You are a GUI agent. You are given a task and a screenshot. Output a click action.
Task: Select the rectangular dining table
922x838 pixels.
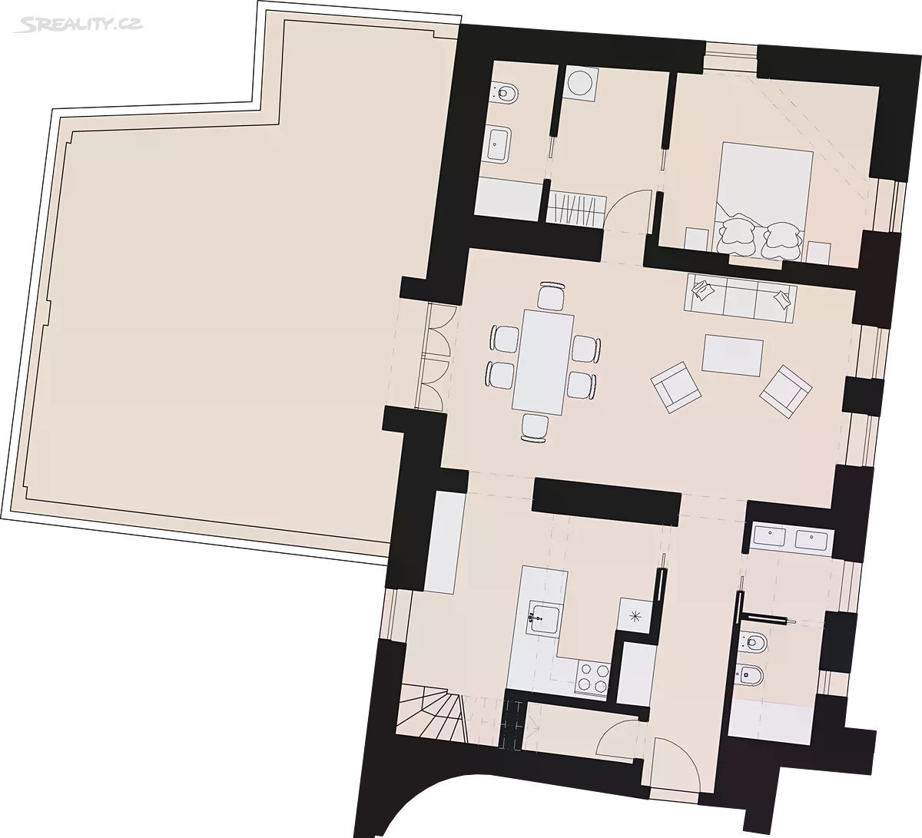(542, 363)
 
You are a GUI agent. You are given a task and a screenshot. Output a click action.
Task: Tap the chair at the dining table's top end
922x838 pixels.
(552, 296)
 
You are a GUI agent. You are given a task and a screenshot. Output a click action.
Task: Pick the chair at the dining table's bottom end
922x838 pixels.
(535, 429)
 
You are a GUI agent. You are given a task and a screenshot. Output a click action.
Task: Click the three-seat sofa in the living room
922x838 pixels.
(741, 298)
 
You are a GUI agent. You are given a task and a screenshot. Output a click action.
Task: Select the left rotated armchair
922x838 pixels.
(675, 386)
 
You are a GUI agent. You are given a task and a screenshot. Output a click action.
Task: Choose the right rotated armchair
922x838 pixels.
(786, 391)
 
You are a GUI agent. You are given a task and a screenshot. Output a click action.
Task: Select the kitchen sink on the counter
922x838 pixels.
(544, 618)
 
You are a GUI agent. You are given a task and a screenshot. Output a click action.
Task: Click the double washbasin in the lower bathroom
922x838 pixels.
(790, 538)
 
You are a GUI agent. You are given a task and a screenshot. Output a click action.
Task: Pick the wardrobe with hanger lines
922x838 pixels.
(577, 210)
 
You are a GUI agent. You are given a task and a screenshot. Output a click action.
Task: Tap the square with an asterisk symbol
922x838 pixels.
(635, 617)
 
